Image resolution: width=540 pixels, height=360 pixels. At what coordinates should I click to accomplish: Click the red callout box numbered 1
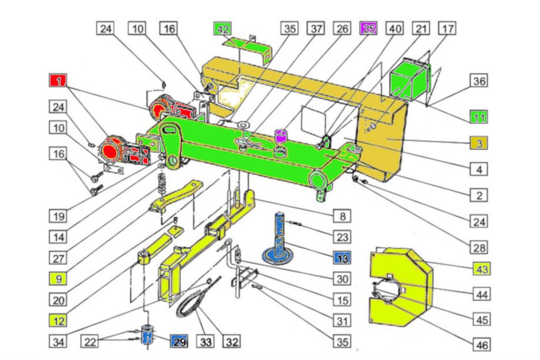click(x=58, y=81)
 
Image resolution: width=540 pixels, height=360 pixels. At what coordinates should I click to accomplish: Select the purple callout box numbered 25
click(x=368, y=28)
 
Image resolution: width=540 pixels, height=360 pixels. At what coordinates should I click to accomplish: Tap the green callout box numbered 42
click(x=222, y=28)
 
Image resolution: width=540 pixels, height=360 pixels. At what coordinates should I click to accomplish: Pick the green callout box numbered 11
click(x=479, y=117)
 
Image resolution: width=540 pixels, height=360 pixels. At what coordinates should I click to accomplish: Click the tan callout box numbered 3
click(x=479, y=143)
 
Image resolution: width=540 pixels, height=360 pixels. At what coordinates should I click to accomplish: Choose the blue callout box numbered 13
click(x=342, y=258)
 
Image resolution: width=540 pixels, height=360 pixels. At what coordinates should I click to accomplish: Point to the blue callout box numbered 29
click(x=179, y=342)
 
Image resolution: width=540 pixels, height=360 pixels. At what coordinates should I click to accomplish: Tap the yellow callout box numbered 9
click(x=58, y=278)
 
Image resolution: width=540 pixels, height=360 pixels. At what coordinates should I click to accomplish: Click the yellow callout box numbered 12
click(x=58, y=321)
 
